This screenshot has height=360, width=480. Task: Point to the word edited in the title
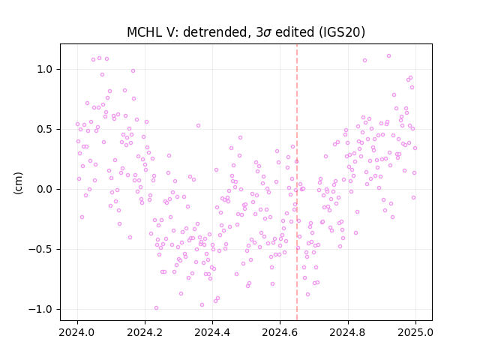[x=295, y=32]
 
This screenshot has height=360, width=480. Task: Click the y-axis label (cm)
[x=18, y=183]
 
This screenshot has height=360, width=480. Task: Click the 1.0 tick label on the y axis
[x=45, y=70]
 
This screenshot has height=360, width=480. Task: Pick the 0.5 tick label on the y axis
[x=45, y=130]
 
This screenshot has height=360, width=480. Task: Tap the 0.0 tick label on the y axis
[x=45, y=190]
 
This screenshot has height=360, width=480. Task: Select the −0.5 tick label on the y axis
[x=40, y=250]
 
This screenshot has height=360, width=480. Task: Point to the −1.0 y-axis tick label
[x=40, y=310]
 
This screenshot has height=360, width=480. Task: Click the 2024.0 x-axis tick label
[x=77, y=332]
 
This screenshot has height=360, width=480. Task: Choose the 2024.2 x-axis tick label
[x=145, y=332]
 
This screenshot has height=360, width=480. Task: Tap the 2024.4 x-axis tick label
[x=212, y=332]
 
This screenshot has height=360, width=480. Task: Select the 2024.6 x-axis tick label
[x=280, y=332]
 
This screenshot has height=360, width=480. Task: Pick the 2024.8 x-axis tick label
[x=348, y=332]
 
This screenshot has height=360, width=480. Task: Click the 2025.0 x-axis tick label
[x=415, y=332]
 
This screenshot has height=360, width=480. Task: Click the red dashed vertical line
[x=297, y=182]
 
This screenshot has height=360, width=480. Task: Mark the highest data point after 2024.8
[x=388, y=56]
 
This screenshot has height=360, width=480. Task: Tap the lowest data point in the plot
[x=156, y=308]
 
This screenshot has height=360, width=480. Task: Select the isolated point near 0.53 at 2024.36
[x=198, y=126]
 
